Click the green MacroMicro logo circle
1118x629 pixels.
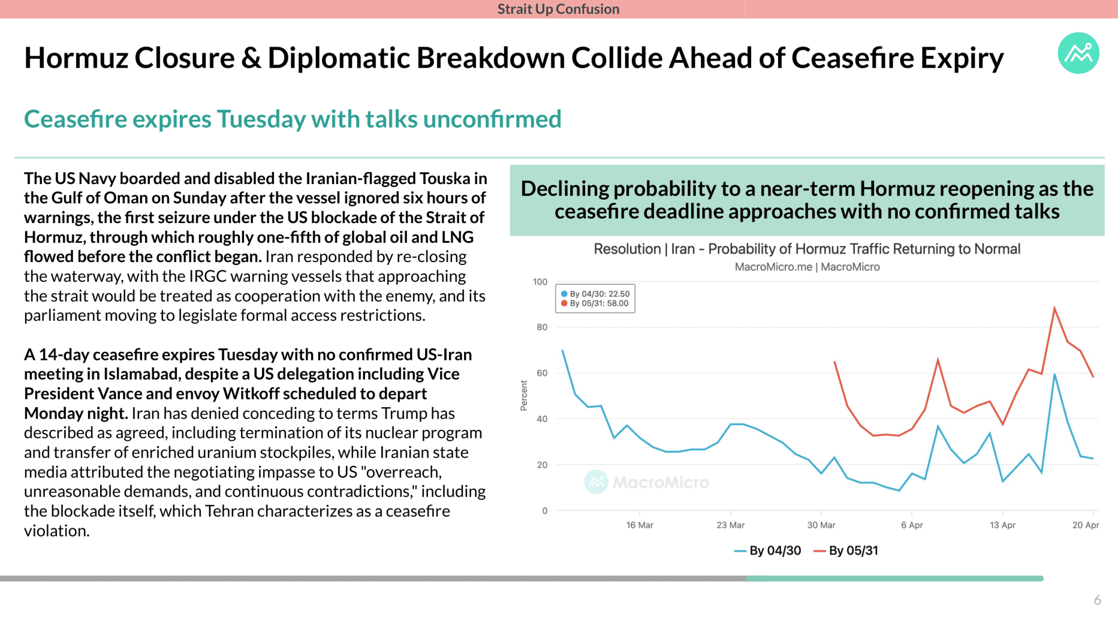(1078, 53)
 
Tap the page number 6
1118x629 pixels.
(1097, 600)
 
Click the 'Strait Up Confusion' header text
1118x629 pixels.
(558, 9)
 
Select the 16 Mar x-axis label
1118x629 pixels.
(639, 525)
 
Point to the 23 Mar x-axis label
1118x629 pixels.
(730, 525)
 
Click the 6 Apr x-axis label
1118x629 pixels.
(912, 525)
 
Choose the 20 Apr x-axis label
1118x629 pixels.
(1085, 525)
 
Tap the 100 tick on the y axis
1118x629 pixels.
(540, 282)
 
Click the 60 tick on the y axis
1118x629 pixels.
(542, 373)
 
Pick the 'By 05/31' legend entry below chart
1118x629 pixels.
(845, 550)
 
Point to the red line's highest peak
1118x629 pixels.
(1055, 308)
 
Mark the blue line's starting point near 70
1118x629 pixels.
(562, 351)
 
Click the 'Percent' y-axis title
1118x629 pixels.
(523, 395)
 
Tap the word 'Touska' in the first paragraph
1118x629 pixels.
(445, 178)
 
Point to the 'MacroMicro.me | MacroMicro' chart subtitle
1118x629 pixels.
(807, 267)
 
